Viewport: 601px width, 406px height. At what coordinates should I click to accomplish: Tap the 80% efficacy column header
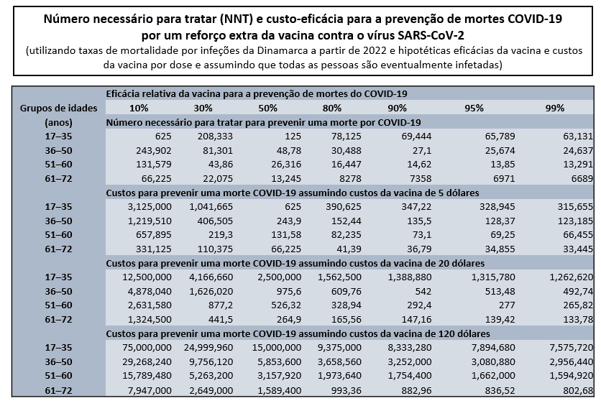pos(332,108)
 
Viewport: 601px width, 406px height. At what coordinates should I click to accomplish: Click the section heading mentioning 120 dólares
pos(298,334)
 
